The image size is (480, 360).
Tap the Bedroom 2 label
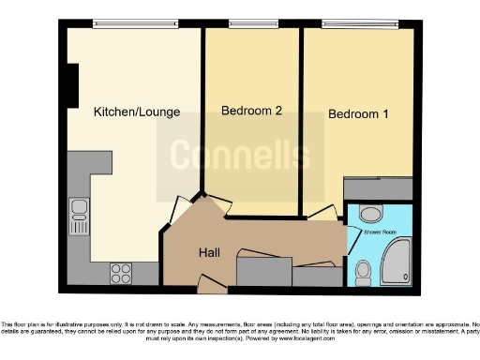pyautogui.click(x=251, y=111)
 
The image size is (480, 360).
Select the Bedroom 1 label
pyautogui.click(x=358, y=114)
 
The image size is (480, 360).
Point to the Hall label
pyautogui.click(x=209, y=253)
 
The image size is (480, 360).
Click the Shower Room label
pyautogui.click(x=380, y=231)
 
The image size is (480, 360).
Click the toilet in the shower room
pyautogui.click(x=364, y=272)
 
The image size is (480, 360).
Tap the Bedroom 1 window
pyautogui.click(x=359, y=21)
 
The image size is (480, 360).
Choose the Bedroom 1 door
pyautogui.click(x=324, y=210)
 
